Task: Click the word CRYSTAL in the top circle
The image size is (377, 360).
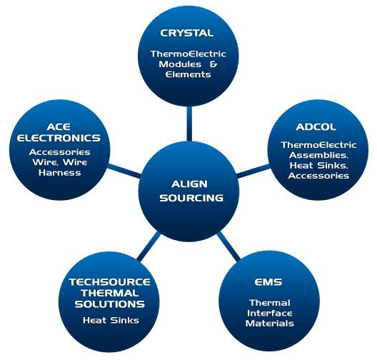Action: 187,33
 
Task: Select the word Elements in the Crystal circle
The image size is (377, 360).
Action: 188,74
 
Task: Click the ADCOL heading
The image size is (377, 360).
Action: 316,126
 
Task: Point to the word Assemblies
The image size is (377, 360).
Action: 318,155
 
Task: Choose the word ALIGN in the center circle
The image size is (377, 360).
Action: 189,184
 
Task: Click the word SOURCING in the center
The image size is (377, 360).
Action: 191,198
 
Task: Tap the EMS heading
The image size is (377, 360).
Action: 268,282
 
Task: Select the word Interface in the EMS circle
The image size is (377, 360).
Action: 270,313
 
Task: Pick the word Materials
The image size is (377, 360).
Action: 269,323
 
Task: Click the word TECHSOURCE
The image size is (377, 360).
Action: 110,282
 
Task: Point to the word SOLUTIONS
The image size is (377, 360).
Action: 110,304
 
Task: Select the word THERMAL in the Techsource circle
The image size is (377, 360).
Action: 110,293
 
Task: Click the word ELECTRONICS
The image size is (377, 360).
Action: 59,138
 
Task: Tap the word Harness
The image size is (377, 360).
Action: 60,173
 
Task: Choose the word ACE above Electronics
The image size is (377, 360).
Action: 59,126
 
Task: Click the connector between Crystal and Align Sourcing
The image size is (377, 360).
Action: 189,124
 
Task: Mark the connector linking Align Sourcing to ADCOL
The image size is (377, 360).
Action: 253,171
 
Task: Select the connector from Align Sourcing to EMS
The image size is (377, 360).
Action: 228,246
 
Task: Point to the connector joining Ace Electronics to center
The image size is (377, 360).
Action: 124,171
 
